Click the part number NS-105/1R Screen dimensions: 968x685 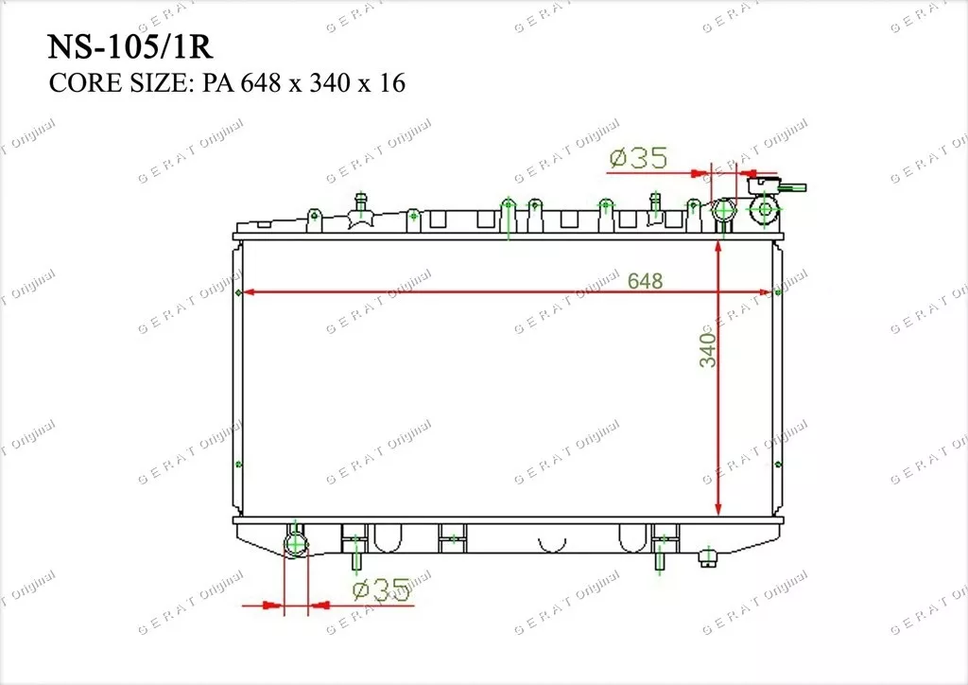pyautogui.click(x=130, y=46)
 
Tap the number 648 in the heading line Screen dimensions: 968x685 pyautogui.click(x=262, y=82)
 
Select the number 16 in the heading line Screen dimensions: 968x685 pyautogui.click(x=392, y=82)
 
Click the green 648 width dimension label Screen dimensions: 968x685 pyautogui.click(x=645, y=281)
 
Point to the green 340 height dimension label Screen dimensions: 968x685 pyautogui.click(x=707, y=350)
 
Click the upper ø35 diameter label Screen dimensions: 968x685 pyautogui.click(x=638, y=157)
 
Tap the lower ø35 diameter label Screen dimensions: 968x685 pyautogui.click(x=381, y=590)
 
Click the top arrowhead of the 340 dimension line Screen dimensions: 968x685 pyautogui.click(x=718, y=247)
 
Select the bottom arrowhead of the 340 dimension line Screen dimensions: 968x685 pyautogui.click(x=718, y=508)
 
